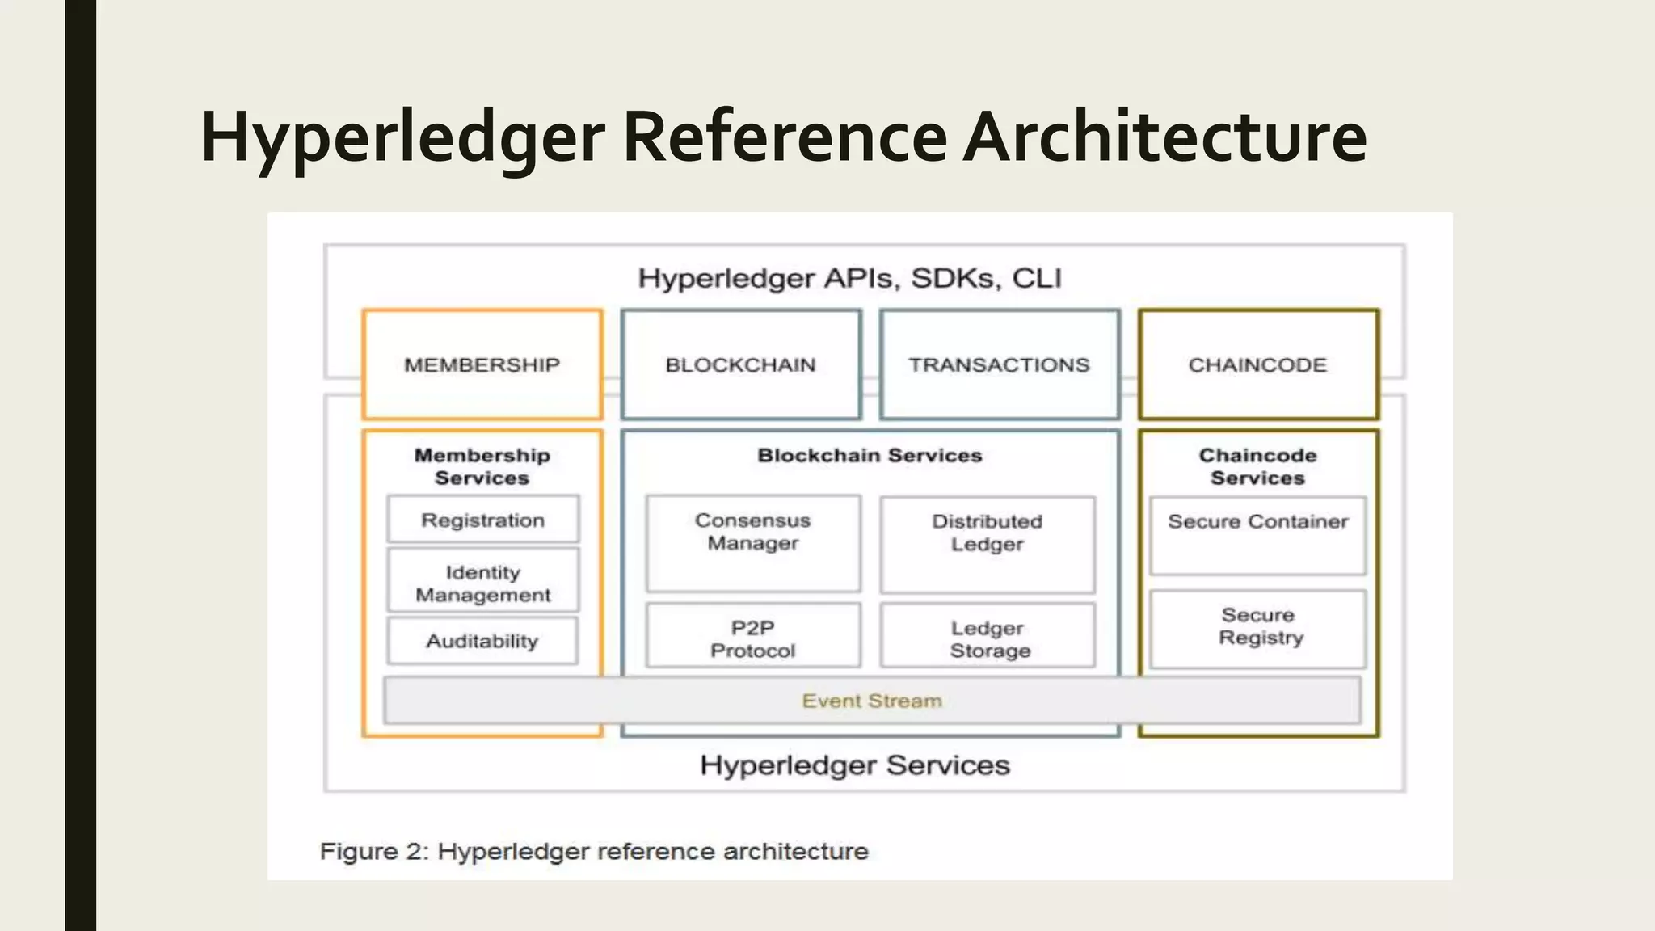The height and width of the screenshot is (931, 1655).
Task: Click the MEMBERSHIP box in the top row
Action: (x=482, y=364)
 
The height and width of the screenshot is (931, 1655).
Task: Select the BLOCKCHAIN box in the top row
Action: (x=740, y=364)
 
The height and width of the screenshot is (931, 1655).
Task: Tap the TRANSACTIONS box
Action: (x=999, y=364)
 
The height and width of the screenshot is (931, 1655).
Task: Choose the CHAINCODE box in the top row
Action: (x=1257, y=364)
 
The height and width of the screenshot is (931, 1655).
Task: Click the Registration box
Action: (x=482, y=520)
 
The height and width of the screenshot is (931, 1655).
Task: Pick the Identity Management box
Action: (x=482, y=583)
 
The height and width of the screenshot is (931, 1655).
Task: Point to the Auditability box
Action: (x=482, y=641)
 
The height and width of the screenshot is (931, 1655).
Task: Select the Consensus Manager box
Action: (x=752, y=542)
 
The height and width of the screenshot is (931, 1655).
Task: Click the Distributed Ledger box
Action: (x=987, y=544)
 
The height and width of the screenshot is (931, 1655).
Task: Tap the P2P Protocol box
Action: (x=752, y=638)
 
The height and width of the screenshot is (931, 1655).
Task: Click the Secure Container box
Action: (x=1257, y=534)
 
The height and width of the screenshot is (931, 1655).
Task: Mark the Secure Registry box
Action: (x=1259, y=627)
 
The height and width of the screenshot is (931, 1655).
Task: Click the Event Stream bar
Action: (x=871, y=700)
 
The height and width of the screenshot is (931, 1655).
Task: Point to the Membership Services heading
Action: (x=482, y=466)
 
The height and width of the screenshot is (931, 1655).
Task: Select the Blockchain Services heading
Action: (x=870, y=455)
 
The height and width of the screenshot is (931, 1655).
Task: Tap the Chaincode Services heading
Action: (x=1257, y=466)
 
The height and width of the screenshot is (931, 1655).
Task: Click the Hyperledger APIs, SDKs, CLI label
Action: (x=849, y=278)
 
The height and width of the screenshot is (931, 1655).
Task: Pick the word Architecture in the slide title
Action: (x=1165, y=137)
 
